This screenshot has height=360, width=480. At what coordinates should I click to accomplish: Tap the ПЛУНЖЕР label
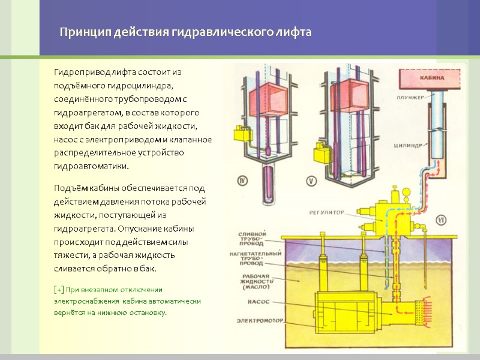point(409,97)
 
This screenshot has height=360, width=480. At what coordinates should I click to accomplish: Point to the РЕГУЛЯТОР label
point(328,212)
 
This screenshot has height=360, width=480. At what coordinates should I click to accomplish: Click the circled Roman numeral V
point(311,179)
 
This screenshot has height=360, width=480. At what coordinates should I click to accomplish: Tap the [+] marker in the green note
point(59,289)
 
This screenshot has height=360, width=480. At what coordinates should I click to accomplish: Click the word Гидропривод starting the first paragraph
point(79,72)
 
